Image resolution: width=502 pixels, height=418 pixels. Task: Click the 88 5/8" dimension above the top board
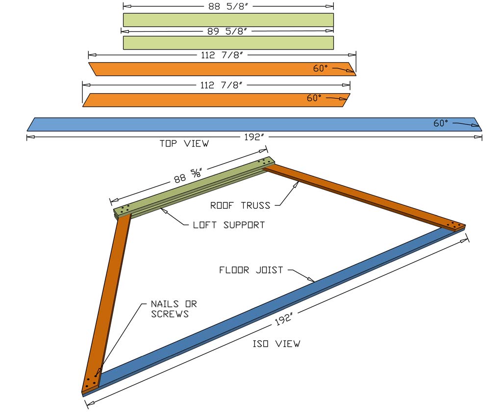tap(228, 6)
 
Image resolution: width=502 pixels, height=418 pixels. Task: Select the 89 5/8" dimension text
tap(228, 31)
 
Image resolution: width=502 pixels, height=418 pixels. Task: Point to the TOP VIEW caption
tap(184, 144)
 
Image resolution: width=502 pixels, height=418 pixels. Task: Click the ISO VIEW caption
tap(276, 344)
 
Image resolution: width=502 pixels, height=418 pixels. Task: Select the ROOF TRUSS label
tap(240, 205)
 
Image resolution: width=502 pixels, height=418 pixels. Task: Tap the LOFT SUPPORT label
tap(229, 225)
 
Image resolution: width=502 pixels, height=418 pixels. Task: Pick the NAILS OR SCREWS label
tap(174, 309)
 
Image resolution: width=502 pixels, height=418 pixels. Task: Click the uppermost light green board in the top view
tap(228, 20)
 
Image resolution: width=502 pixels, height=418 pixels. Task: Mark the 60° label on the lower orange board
tap(314, 98)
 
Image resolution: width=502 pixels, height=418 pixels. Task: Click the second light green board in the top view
tap(228, 43)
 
